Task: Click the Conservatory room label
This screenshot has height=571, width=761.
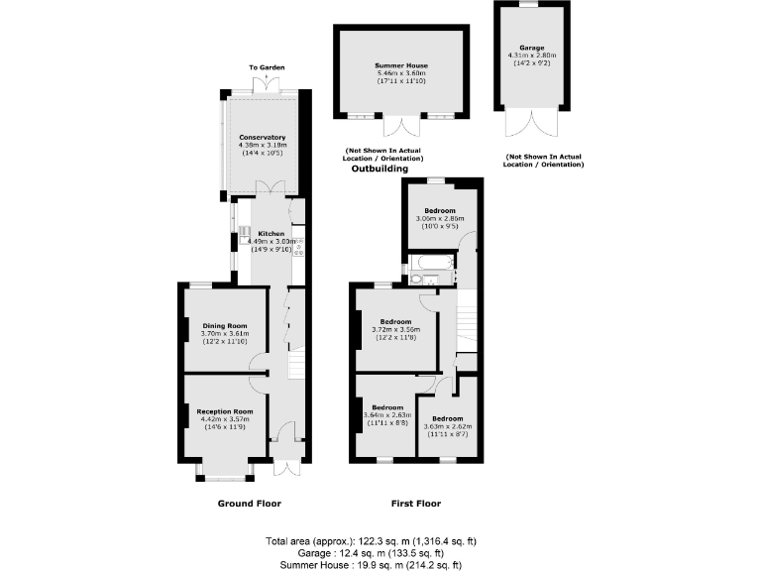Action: (262, 138)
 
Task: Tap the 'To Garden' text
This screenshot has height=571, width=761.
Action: (267, 67)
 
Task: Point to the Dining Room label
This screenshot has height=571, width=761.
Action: (224, 325)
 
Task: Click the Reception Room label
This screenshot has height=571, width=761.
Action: (224, 410)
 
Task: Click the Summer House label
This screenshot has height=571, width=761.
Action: (402, 64)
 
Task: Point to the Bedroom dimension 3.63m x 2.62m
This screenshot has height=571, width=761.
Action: (451, 427)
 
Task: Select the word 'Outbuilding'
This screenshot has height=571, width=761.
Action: (380, 170)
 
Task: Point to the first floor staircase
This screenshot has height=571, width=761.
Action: (463, 327)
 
